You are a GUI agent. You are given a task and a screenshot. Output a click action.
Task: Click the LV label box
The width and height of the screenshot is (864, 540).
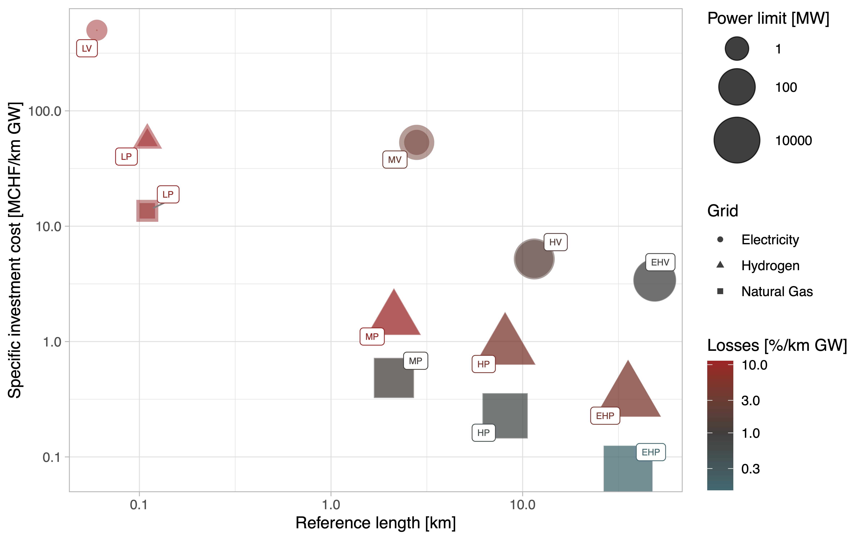pyautogui.click(x=87, y=49)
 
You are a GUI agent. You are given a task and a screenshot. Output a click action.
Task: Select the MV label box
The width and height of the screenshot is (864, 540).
pyautogui.click(x=395, y=160)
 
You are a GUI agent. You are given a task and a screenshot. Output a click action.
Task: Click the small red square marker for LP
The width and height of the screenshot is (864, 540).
pyautogui.click(x=147, y=211)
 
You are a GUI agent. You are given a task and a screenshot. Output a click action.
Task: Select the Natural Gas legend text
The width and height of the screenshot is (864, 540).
pyautogui.click(x=777, y=291)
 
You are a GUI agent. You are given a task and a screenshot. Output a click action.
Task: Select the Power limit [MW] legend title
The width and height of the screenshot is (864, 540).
pyautogui.click(x=768, y=18)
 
